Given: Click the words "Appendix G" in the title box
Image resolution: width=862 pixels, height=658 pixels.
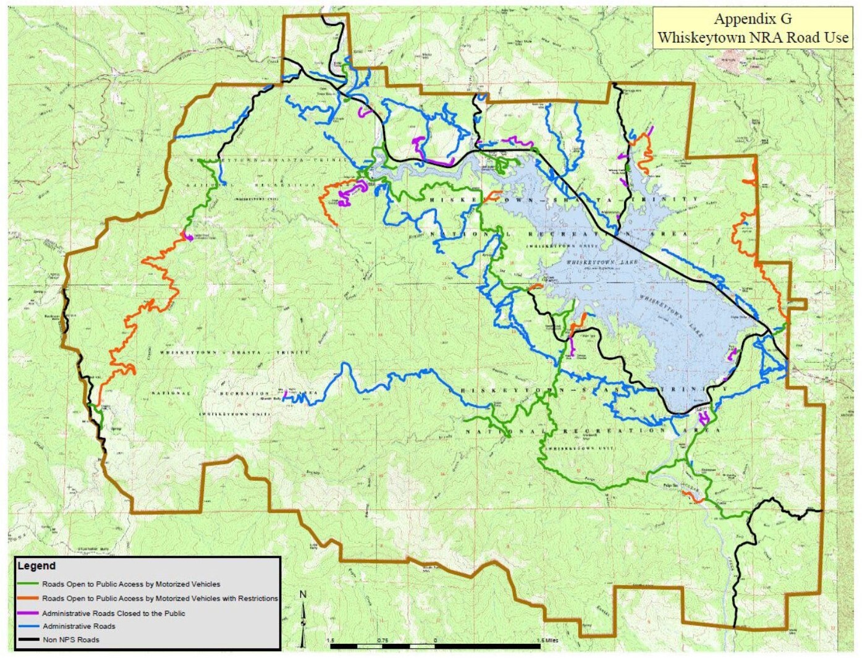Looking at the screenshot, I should point(752,19).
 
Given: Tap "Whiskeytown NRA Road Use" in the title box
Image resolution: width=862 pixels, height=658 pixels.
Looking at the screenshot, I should point(752,37).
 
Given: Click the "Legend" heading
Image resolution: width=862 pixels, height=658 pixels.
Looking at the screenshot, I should point(36,566).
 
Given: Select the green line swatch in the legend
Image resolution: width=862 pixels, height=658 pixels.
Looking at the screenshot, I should point(28,584).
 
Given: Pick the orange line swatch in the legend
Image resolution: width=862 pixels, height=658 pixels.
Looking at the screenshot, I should point(28,598).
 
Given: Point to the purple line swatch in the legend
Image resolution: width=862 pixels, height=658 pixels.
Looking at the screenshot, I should point(28,614).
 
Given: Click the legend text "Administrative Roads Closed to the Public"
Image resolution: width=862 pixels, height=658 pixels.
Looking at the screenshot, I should point(113,614).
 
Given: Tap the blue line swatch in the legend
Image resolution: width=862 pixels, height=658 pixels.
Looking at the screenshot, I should point(28,626).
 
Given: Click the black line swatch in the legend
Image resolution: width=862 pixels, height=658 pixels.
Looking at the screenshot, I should point(28,639).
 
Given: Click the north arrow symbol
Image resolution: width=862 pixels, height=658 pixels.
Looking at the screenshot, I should point(303,621).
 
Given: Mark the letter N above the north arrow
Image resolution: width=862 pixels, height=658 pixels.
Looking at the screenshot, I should point(303,595).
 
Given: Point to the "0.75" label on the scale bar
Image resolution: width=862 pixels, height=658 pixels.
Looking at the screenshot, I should point(382,640).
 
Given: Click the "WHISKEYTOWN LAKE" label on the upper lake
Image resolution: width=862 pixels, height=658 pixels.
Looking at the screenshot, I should point(602,263).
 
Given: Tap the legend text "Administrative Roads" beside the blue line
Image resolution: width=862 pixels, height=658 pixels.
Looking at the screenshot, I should point(78,626).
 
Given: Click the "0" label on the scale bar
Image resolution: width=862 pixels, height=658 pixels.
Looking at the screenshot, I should point(435,640).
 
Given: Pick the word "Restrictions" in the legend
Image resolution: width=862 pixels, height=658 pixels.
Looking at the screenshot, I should point(257,598).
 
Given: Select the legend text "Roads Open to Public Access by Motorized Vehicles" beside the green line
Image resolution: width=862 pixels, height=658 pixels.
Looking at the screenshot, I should point(131,584).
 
